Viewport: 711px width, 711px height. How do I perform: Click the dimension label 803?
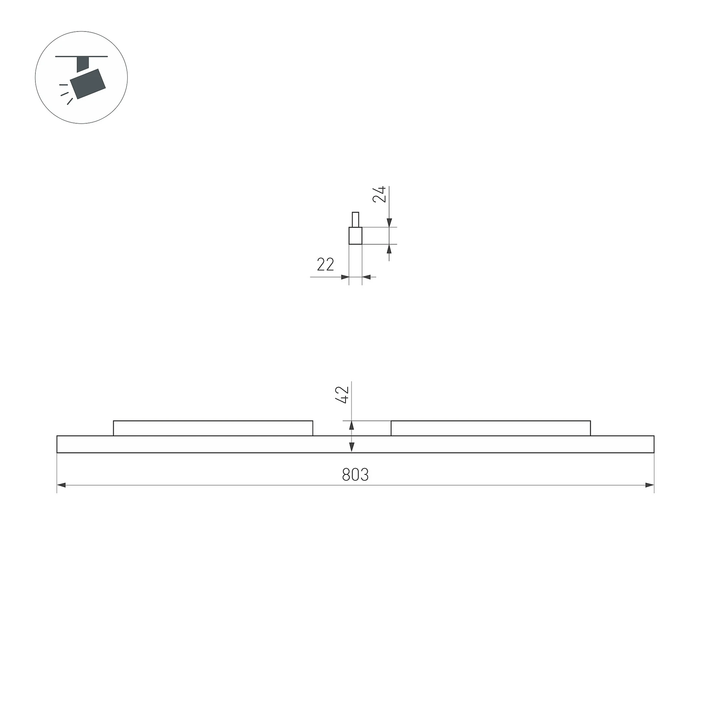(355, 475)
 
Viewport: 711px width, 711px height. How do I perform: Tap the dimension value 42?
(342, 394)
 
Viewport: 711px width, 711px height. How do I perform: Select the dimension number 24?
(379, 194)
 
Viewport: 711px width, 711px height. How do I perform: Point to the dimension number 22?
(326, 264)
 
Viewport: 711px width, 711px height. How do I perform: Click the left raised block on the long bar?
(213, 428)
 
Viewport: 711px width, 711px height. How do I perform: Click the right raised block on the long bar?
(491, 428)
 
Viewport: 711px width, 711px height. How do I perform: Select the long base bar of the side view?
(355, 444)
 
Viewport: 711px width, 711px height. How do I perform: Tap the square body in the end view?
(355, 236)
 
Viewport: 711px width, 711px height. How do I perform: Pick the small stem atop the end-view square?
(355, 220)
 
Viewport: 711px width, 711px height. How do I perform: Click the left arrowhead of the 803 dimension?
(61, 485)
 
